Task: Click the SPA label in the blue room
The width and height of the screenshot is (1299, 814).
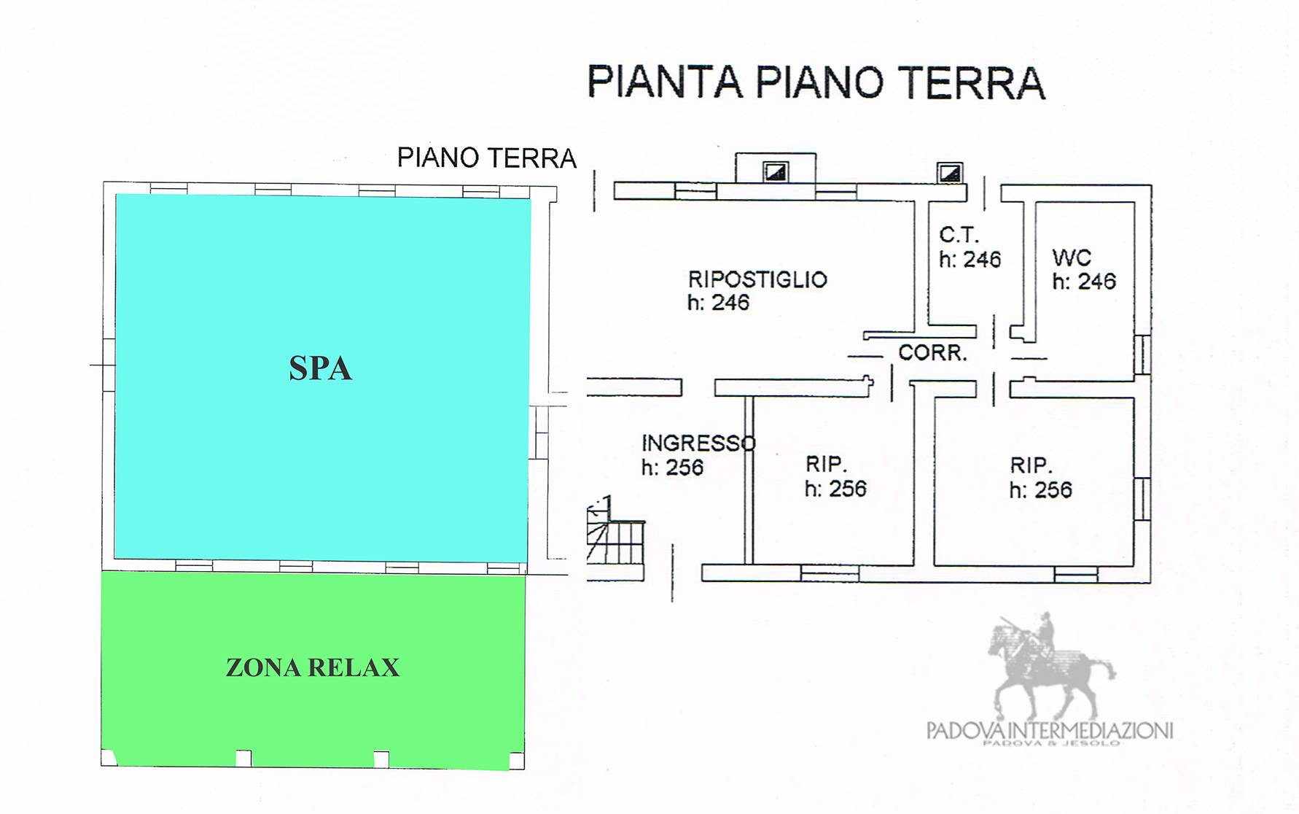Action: click(x=321, y=368)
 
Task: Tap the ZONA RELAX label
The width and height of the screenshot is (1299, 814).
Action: click(x=313, y=667)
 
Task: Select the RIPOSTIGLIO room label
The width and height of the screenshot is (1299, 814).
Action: click(x=757, y=279)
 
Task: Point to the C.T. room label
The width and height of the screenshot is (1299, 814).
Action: click(x=959, y=235)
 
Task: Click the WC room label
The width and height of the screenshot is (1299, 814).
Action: click(x=1072, y=257)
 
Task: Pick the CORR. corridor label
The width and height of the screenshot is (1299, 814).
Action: click(x=932, y=353)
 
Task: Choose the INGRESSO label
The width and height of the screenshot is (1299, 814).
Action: click(x=698, y=443)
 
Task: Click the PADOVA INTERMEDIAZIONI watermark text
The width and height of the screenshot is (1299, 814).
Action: click(x=1050, y=731)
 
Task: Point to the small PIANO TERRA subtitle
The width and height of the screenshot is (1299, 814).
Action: click(x=486, y=158)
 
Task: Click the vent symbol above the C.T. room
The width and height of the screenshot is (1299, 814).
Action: click(x=950, y=173)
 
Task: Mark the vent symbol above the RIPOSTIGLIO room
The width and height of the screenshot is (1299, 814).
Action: click(x=775, y=171)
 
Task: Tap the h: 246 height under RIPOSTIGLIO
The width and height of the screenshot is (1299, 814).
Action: click(x=718, y=302)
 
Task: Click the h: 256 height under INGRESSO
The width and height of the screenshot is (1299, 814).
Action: click(x=672, y=467)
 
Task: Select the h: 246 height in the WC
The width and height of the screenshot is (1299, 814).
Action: click(x=1084, y=281)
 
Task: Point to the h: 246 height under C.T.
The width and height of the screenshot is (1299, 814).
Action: click(x=970, y=259)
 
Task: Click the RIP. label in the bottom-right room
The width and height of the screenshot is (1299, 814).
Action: click(x=1031, y=465)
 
